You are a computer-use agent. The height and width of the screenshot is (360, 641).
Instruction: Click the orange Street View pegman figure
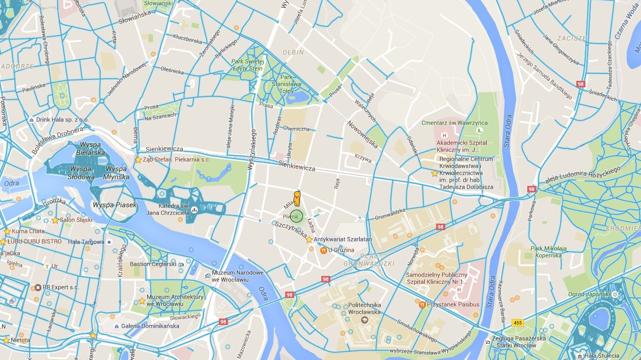[x=296, y=198]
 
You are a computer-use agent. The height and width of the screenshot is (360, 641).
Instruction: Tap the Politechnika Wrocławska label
[x=364, y=308]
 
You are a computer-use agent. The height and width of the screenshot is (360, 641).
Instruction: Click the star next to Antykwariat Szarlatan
[x=309, y=239]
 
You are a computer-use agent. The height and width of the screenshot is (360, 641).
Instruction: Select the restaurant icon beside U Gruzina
[x=323, y=250]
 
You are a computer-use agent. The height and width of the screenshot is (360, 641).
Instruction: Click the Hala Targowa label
[x=86, y=242]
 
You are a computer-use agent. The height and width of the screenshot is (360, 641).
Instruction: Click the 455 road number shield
[x=518, y=323]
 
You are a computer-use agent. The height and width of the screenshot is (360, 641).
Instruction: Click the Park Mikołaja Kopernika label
[x=549, y=252]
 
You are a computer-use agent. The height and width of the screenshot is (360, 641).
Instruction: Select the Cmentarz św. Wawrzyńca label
[x=454, y=123]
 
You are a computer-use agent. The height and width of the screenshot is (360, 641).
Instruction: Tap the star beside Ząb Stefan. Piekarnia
[x=138, y=160]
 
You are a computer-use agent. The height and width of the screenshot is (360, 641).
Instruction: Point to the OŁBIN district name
[x=293, y=53]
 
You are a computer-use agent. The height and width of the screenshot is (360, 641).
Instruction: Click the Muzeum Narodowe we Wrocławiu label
[x=238, y=276]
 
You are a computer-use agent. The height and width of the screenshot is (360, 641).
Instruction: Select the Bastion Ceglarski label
[x=153, y=264]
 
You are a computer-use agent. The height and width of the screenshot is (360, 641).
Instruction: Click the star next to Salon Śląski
[x=55, y=220]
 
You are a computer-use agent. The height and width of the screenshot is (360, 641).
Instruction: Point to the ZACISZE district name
[x=572, y=38]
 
